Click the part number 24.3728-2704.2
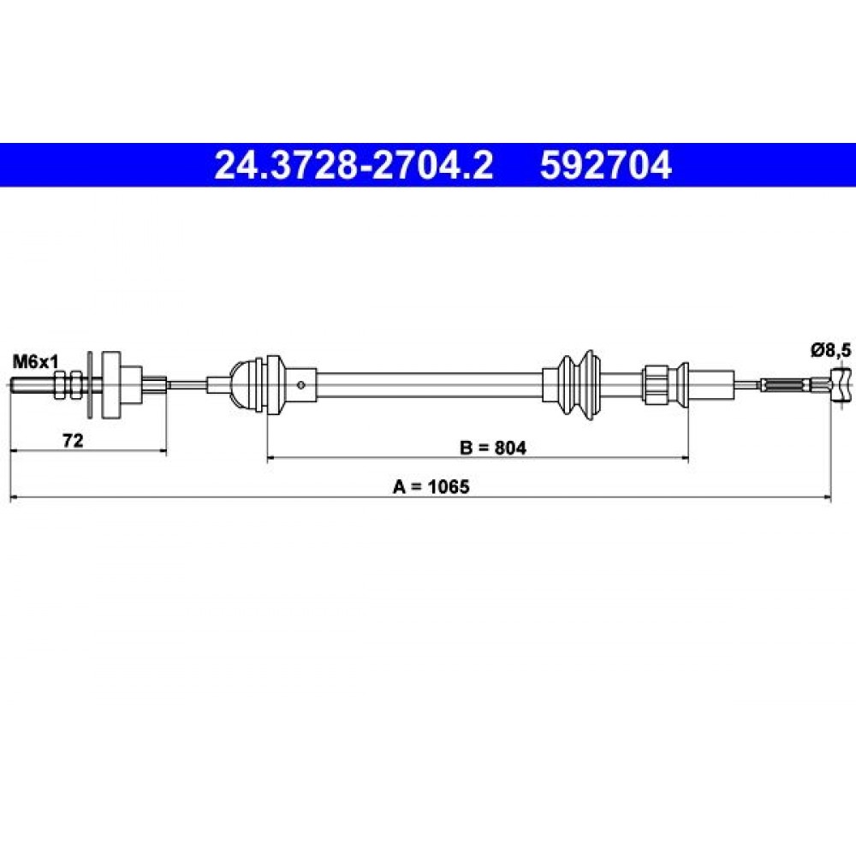[x=354, y=165]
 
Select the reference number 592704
[x=606, y=165]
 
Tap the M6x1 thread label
[x=35, y=361]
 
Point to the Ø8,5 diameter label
[x=830, y=350]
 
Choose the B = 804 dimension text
[x=493, y=448]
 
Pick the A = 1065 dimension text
[x=431, y=486]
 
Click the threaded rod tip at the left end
[x=12, y=385]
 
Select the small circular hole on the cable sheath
[x=300, y=385]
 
